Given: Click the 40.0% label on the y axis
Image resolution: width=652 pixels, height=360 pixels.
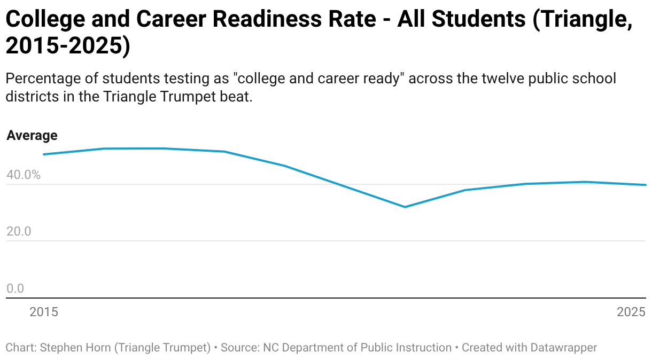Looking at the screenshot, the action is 24,175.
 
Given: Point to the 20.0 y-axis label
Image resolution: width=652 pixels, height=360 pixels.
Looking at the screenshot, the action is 19,231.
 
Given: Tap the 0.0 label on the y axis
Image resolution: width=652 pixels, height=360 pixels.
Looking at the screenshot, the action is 15,288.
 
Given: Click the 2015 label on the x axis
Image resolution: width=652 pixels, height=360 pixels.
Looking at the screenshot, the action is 44,312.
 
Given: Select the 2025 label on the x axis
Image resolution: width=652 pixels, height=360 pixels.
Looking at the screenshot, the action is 631,312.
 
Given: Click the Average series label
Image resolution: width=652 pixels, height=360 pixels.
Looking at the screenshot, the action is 32,136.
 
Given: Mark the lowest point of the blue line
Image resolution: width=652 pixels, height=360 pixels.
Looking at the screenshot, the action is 405,207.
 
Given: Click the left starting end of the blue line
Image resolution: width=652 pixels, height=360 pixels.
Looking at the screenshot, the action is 44,154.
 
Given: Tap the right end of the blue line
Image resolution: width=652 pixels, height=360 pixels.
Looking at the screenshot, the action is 645,185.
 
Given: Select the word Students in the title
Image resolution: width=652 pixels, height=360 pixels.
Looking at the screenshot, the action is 478,19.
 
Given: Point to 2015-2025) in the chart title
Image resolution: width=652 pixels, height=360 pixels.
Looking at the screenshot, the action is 68,45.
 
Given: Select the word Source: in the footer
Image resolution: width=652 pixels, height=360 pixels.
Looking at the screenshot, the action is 240,348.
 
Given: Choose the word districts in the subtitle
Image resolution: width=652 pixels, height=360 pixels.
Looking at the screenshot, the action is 32,97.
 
